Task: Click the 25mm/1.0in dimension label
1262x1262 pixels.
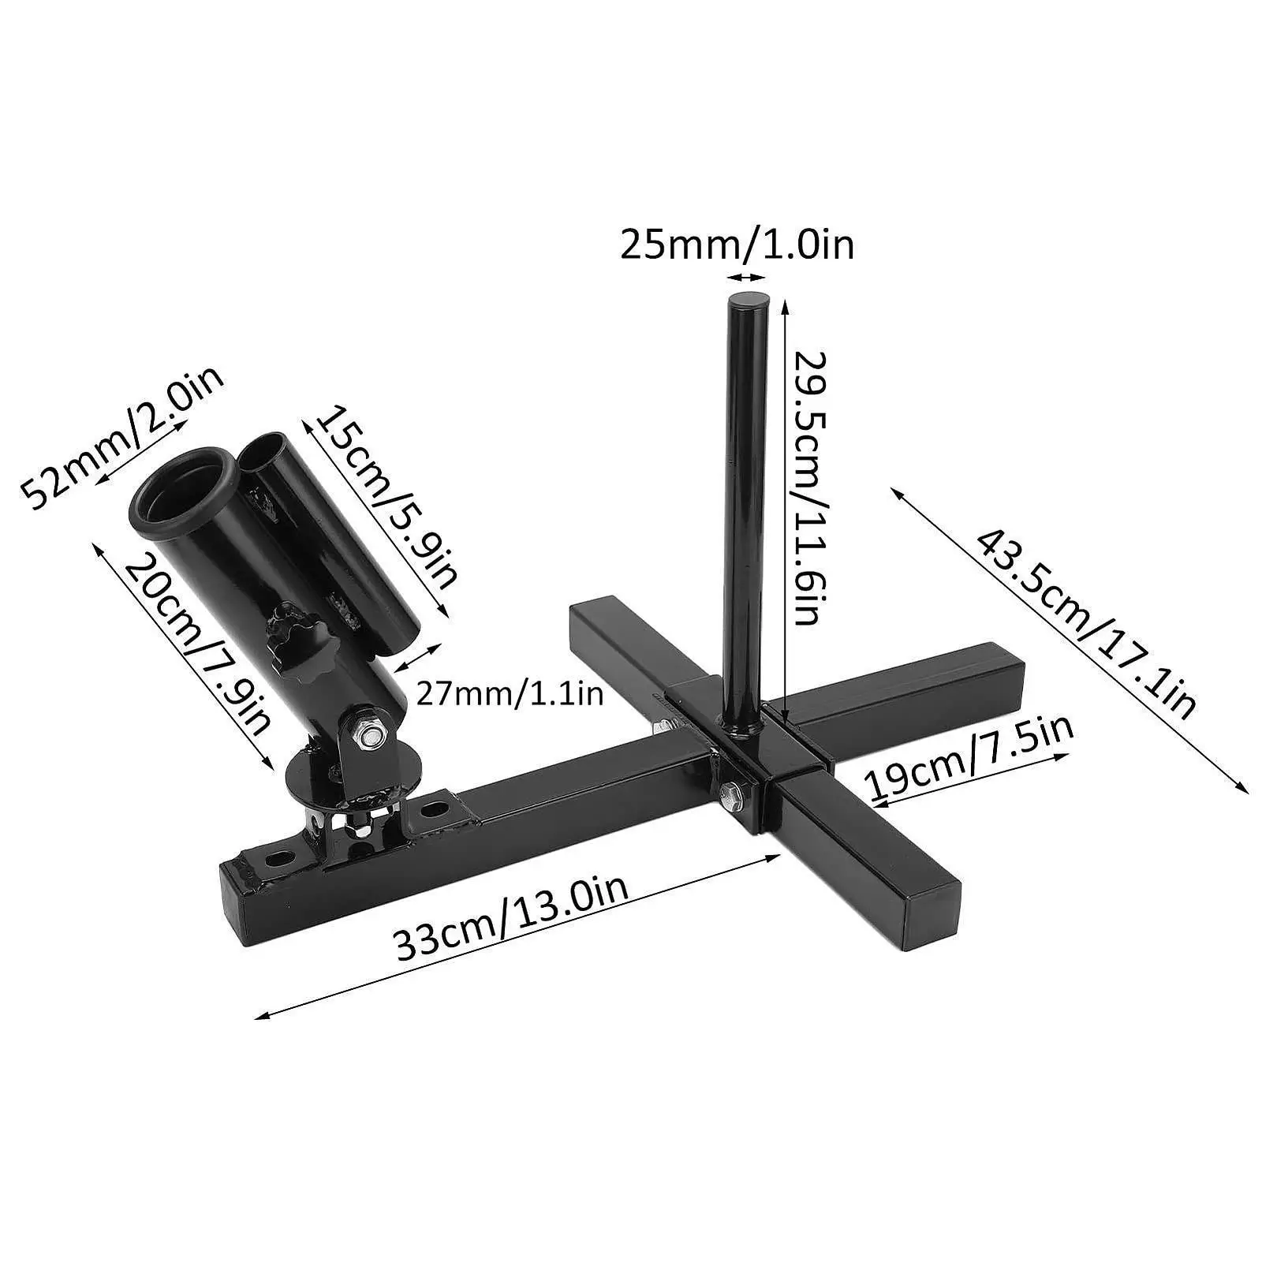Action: tap(737, 245)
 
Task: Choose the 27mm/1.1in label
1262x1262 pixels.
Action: tap(510, 694)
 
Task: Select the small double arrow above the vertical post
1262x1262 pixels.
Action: tap(746, 277)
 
